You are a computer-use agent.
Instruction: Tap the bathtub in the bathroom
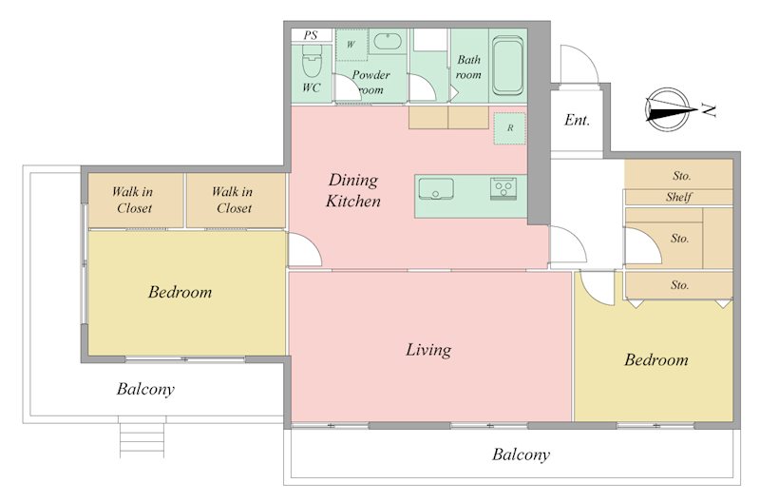[507, 66]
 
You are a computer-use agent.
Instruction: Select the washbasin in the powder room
[388, 41]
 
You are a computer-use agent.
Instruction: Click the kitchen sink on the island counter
[436, 188]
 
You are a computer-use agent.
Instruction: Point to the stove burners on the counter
[503, 187]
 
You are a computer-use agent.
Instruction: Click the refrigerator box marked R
[510, 128]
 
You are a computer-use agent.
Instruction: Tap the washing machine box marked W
[351, 45]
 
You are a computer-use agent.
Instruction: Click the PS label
[311, 35]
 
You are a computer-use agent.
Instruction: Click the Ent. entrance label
[577, 120]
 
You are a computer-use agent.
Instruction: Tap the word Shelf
[678, 197]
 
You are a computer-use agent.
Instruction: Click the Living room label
[428, 350]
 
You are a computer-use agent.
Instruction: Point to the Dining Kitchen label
[352, 190]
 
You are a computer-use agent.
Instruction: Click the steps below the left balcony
[142, 440]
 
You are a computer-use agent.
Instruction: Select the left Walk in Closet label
[133, 200]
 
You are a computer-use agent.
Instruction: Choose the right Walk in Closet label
[233, 200]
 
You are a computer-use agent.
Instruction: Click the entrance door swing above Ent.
[579, 64]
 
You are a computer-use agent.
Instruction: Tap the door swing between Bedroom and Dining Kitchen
[305, 249]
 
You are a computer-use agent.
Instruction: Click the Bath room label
[468, 68]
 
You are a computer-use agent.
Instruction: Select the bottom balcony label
[521, 454]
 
